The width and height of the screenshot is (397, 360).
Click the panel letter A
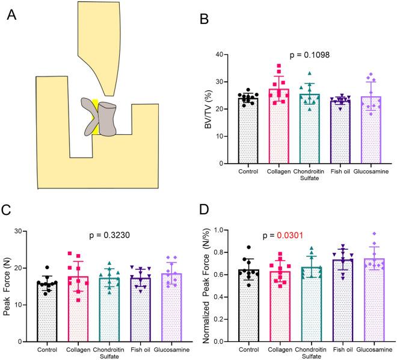click(11, 14)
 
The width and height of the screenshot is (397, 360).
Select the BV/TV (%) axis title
click(216, 108)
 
